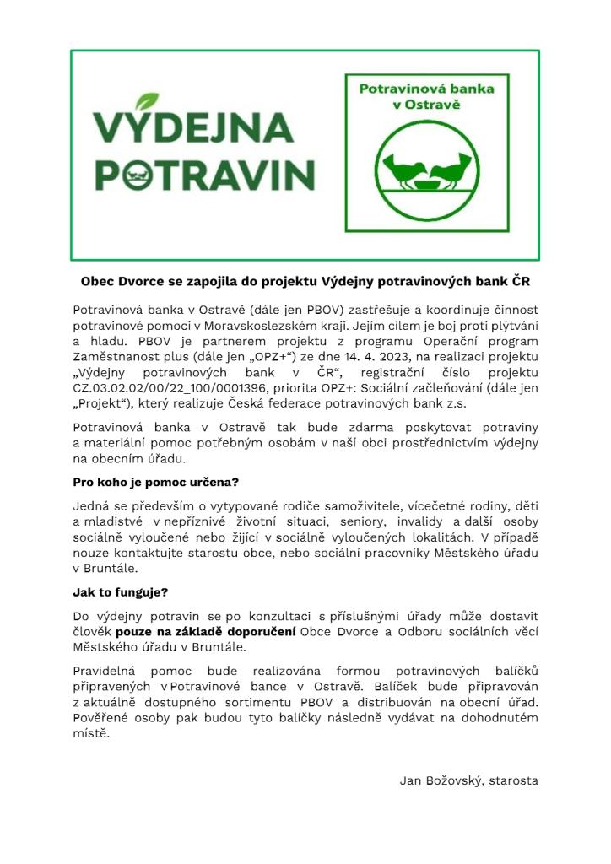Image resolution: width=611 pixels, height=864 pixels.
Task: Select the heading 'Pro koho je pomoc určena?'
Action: [156, 483]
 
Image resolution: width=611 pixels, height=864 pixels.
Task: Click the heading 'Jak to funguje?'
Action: [121, 592]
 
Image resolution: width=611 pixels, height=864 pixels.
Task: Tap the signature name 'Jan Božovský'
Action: [439, 780]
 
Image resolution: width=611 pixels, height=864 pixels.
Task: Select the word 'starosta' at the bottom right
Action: [513, 780]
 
